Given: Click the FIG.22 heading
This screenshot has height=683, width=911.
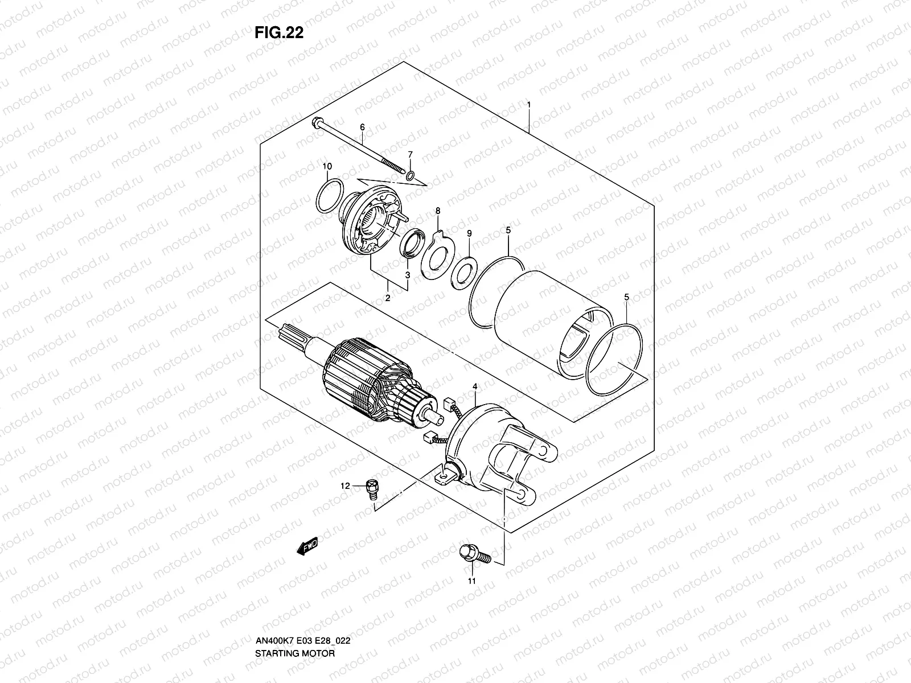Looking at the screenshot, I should point(279,33).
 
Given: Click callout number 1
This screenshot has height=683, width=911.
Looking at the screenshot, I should point(529,105).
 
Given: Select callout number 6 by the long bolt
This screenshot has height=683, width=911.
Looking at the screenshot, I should point(362,127).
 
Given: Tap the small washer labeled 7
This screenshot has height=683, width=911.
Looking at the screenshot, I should point(410,172).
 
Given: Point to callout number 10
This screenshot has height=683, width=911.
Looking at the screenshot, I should point(327,166).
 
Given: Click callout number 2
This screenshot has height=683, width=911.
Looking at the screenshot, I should point(387,297).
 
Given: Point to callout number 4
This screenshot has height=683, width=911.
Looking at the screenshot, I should point(475,387).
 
